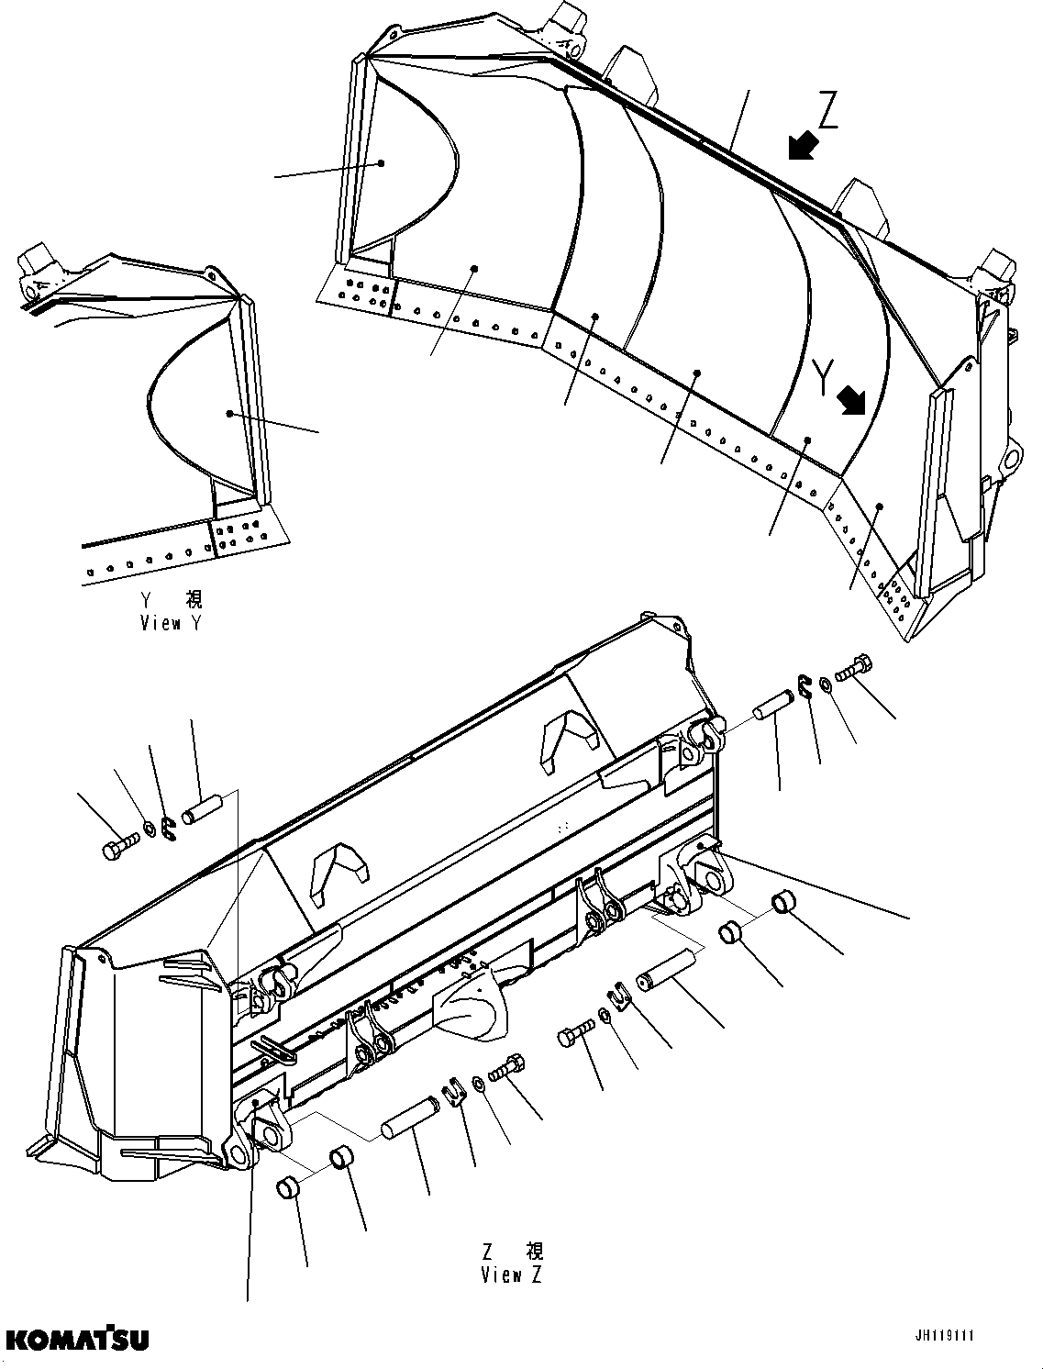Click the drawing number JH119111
(x=943, y=1336)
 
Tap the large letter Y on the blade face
(x=824, y=375)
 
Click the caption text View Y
(x=172, y=624)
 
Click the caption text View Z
(x=511, y=1275)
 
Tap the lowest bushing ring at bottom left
(x=289, y=1190)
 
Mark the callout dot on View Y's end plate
(x=229, y=414)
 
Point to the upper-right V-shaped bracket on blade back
(x=570, y=735)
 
